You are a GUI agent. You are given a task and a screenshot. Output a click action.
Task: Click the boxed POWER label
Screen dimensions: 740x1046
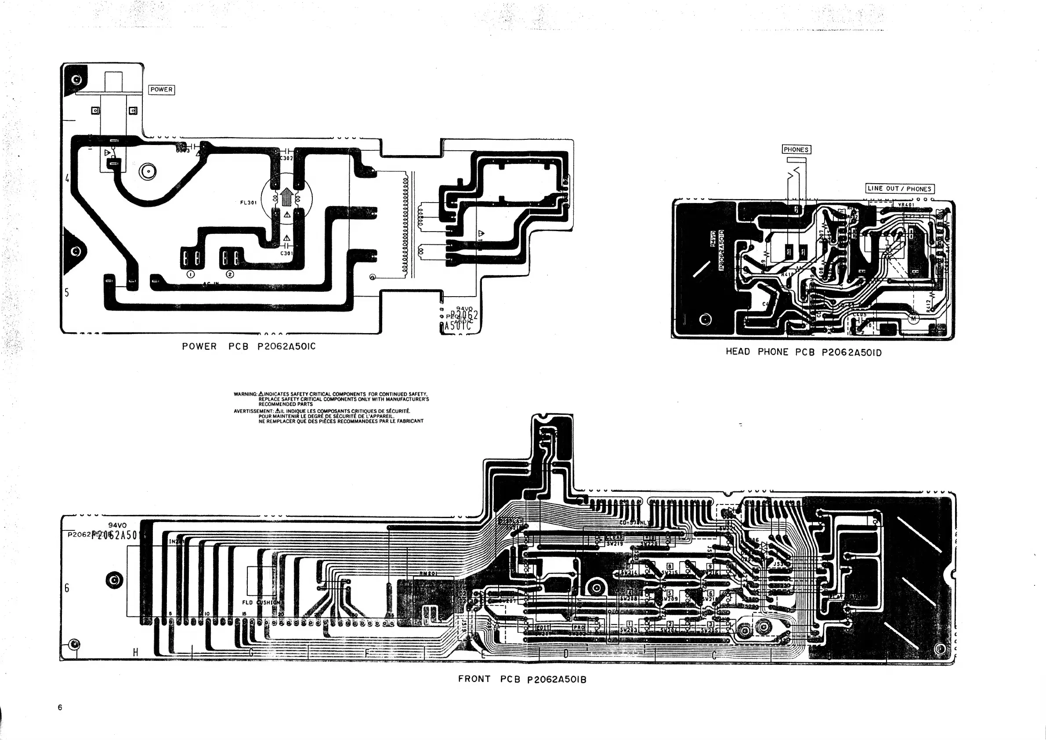click(162, 90)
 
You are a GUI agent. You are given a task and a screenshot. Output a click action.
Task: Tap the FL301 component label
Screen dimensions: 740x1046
click(249, 203)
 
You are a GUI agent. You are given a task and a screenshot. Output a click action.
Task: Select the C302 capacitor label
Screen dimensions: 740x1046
click(286, 158)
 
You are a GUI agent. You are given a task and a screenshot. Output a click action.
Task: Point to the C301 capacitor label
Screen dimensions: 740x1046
click(286, 254)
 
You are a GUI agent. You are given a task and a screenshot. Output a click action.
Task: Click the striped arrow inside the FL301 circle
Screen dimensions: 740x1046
click(286, 198)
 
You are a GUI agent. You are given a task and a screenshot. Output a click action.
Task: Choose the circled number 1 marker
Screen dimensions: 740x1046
click(190, 274)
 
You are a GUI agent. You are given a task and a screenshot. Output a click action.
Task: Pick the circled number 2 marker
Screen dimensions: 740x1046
click(230, 274)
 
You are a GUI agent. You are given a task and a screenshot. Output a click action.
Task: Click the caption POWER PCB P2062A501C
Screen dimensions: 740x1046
click(249, 347)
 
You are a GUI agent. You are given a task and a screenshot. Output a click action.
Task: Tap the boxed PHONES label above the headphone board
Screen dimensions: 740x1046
click(796, 149)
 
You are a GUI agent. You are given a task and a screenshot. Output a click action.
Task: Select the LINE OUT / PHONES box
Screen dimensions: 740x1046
click(899, 189)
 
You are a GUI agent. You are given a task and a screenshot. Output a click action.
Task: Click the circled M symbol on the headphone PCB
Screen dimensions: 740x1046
click(913, 319)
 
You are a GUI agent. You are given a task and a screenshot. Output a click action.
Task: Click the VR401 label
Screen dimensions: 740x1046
click(906, 205)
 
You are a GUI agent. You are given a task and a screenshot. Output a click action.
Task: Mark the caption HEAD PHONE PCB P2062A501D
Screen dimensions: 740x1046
click(804, 352)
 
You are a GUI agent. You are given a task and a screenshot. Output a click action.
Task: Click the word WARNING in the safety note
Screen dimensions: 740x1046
click(245, 394)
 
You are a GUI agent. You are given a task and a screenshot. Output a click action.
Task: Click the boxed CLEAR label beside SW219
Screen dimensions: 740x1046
click(615, 538)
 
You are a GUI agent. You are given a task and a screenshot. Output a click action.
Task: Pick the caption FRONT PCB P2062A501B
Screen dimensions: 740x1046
click(522, 679)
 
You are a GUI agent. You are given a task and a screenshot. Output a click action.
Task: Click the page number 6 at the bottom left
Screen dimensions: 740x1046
click(60, 707)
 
